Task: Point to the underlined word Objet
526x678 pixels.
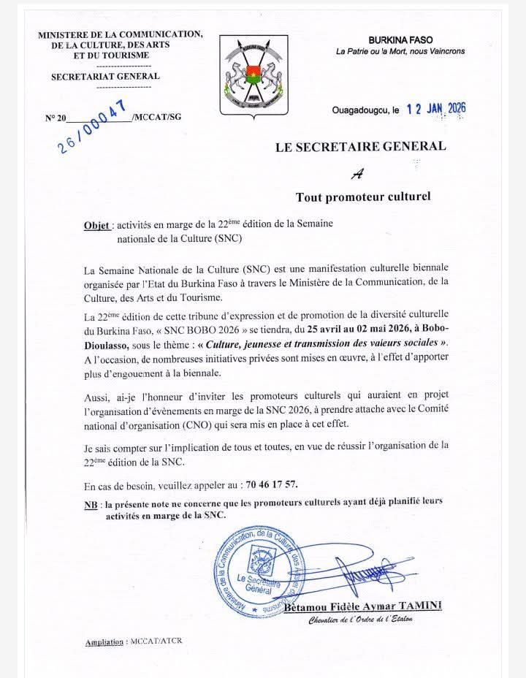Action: [x=97, y=225]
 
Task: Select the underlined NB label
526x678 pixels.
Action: [x=91, y=504]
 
